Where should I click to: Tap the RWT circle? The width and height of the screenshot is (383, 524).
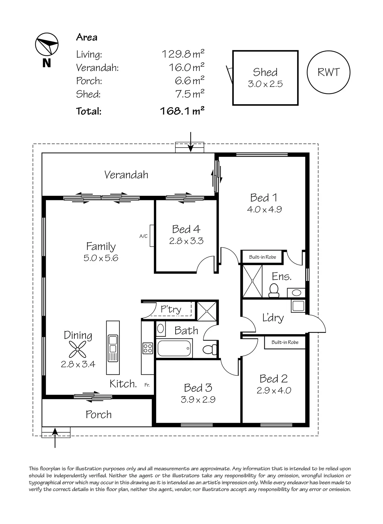pos(328,72)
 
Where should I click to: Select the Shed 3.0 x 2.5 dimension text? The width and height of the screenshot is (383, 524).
pos(265,84)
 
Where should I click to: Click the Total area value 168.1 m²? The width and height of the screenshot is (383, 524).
pos(182,111)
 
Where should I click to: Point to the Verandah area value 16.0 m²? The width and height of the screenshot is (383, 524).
pos(186,67)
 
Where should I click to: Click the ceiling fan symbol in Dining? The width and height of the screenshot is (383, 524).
pos(77,349)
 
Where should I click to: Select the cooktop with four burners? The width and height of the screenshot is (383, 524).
pos(147,348)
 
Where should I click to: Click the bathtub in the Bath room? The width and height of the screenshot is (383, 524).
pos(174,349)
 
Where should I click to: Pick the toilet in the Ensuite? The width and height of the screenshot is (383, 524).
pos(274,290)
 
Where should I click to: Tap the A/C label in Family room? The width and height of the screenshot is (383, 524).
pos(144,236)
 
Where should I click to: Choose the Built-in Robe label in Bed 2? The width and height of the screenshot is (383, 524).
pos(285,342)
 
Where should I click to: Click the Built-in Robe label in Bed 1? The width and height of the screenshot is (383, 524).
pos(262,257)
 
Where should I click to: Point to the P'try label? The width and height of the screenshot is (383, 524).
pos(171,309)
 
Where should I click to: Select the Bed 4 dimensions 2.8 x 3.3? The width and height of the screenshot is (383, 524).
pos(186,241)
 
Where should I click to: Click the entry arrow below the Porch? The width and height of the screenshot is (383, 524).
pos(55,438)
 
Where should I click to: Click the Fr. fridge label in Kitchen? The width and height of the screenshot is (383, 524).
pos(147,385)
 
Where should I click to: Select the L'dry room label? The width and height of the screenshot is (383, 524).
pos(273,318)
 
